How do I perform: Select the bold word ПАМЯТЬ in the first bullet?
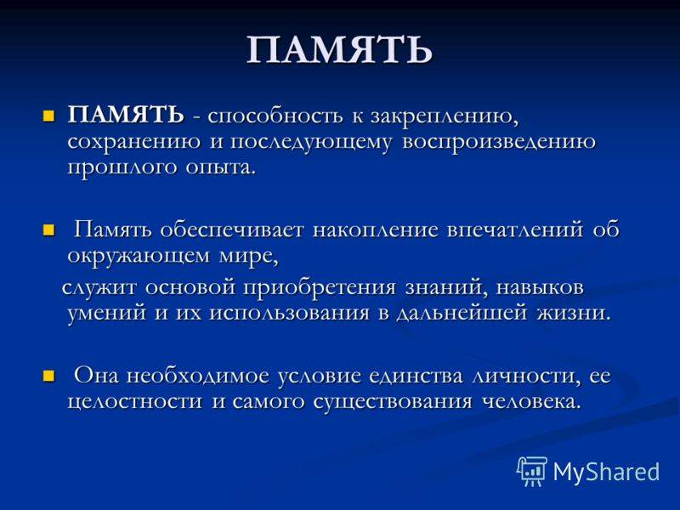[x=125, y=115]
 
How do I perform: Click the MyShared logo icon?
[x=532, y=470]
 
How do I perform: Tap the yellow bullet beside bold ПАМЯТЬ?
[x=48, y=115]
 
